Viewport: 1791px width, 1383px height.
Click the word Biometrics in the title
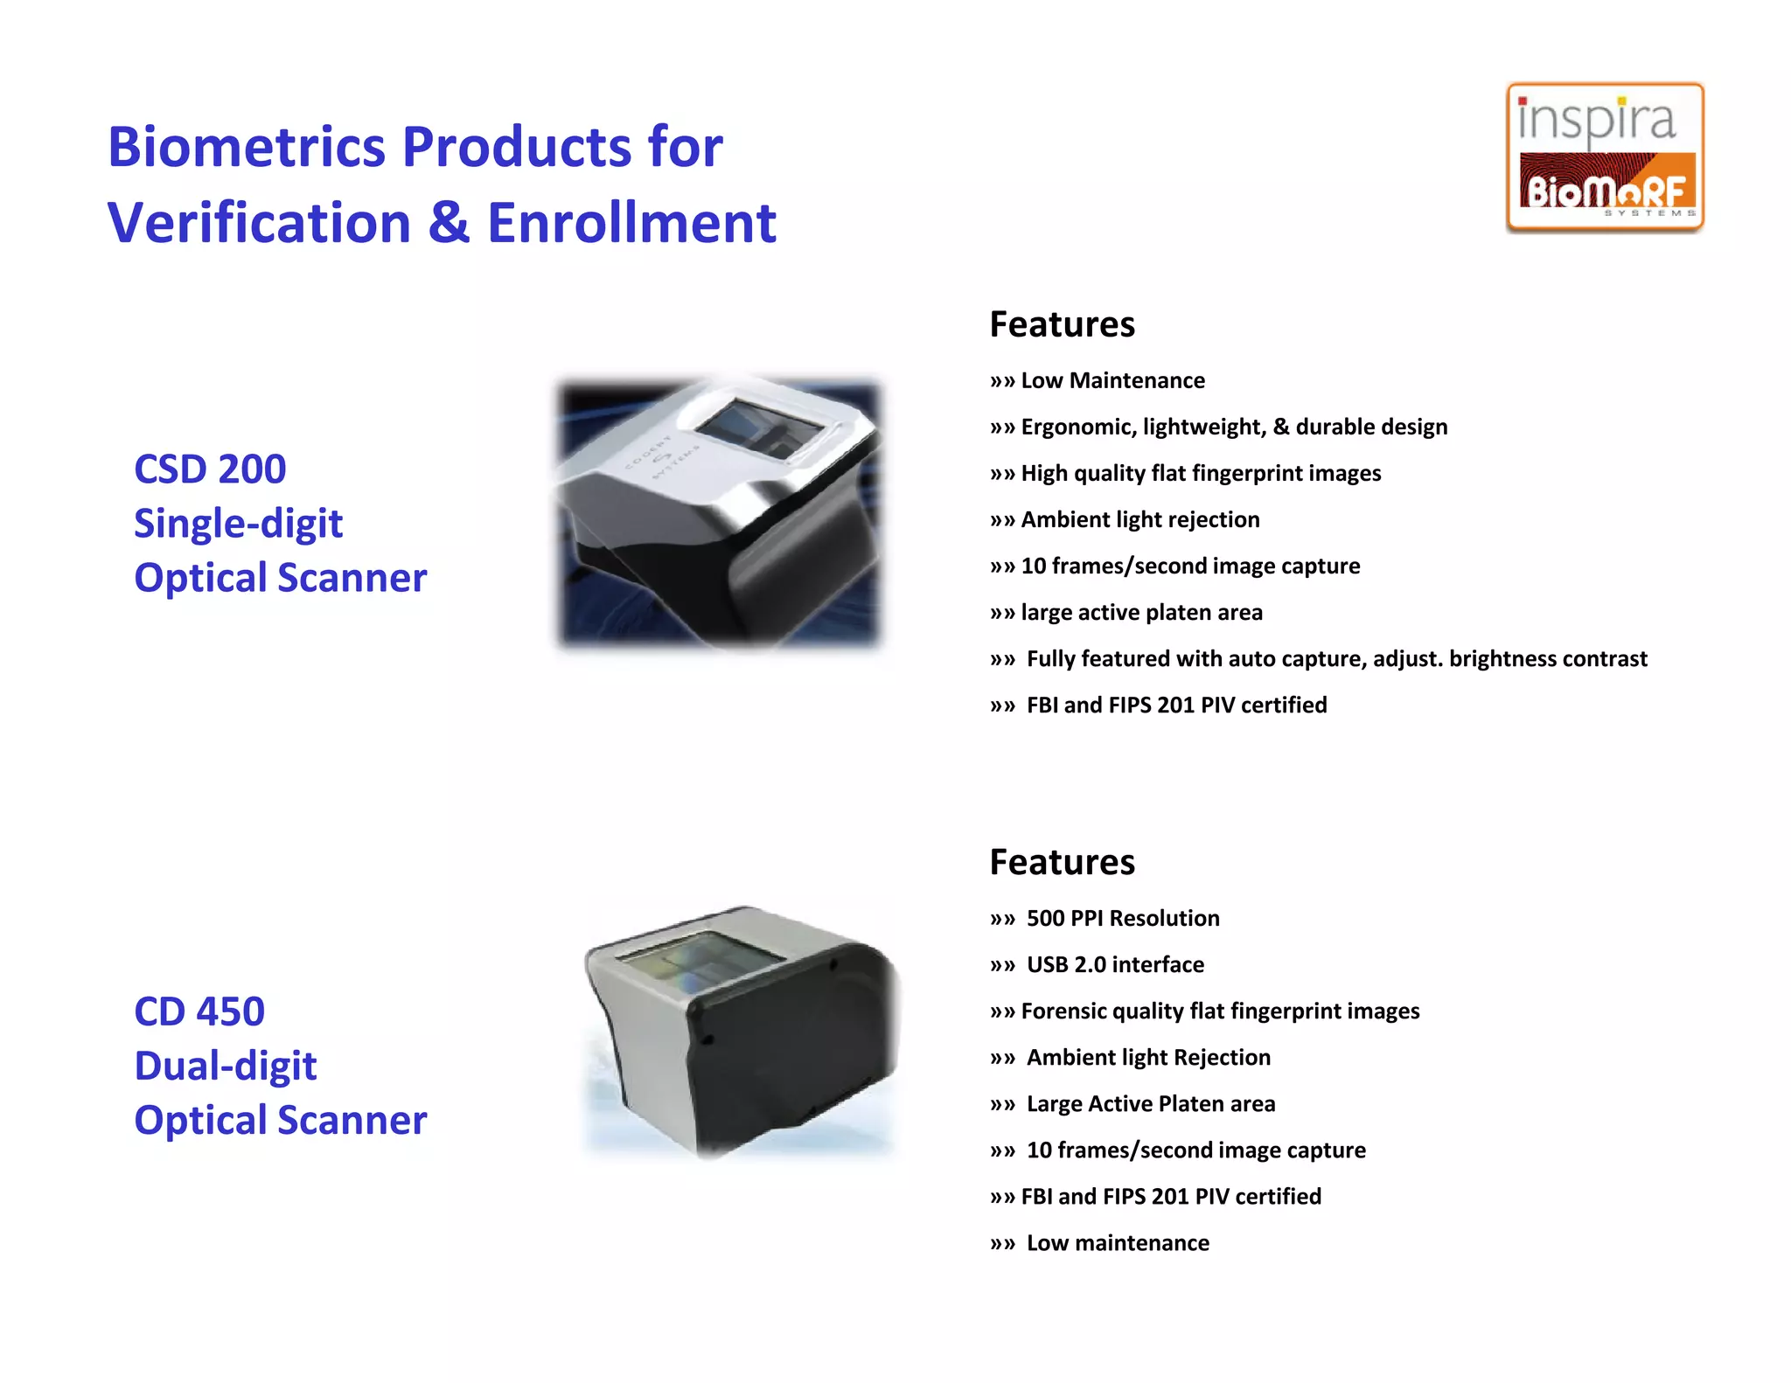[x=246, y=146]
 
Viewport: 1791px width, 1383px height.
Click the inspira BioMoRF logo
[x=1605, y=157]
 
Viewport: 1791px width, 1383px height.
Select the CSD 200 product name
[x=210, y=469]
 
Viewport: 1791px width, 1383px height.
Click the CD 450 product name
[x=199, y=1011]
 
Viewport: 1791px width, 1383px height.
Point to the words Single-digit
[x=238, y=524]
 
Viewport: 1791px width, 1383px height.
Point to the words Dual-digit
[x=226, y=1066]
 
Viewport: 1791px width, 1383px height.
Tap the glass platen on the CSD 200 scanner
[x=759, y=425]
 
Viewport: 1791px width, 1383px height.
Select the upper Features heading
[x=1062, y=324]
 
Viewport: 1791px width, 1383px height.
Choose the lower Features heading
[x=1062, y=862]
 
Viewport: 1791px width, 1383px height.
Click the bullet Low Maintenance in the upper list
[x=1112, y=380]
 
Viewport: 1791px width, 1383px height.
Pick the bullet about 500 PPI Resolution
[x=1122, y=918]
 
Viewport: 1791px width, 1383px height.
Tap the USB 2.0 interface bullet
[x=1115, y=964]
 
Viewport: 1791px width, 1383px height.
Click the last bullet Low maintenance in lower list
[x=1118, y=1242]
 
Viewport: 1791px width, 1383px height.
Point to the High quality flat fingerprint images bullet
[x=1201, y=473]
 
